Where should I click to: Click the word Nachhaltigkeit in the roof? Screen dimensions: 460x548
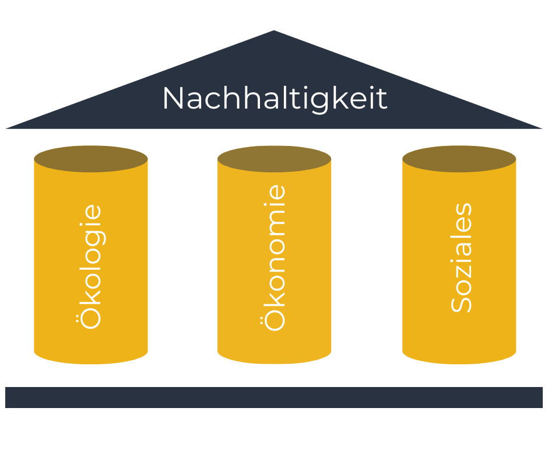274,99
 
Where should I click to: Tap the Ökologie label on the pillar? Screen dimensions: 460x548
90,266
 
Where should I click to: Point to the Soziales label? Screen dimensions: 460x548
461,257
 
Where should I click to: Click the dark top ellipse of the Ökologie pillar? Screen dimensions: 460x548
90,158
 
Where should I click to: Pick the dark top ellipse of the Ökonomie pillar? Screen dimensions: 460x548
274,158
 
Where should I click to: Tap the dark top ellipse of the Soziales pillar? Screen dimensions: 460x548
459,158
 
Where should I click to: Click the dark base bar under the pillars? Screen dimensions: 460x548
274,397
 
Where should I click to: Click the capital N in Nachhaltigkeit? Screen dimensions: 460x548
174,99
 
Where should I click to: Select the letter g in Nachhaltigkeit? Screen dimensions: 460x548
319,102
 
